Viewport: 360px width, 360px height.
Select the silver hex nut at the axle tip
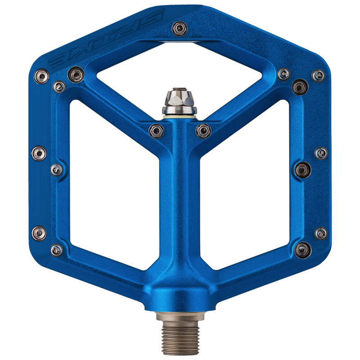[180, 100]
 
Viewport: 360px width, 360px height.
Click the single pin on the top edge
[180, 28]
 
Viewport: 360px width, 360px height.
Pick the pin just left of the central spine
[156, 131]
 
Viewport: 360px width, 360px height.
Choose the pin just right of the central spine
[203, 131]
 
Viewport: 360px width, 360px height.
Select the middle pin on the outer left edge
[39, 153]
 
